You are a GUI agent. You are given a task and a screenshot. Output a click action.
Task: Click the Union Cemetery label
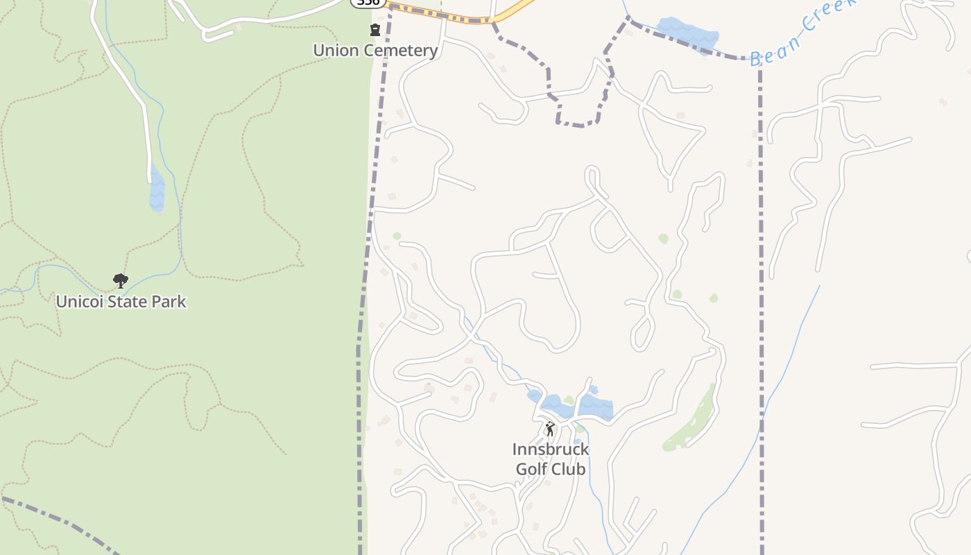[375, 50]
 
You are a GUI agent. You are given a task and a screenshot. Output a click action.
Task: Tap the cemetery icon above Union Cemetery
[375, 30]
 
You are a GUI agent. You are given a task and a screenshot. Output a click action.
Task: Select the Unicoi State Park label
[121, 302]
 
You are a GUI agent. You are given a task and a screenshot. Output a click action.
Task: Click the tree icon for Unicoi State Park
[121, 281]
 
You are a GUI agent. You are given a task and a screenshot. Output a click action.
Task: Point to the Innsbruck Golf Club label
[551, 459]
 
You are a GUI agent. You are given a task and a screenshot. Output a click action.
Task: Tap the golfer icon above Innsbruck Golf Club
[550, 429]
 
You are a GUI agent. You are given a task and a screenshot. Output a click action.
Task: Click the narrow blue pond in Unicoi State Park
[157, 189]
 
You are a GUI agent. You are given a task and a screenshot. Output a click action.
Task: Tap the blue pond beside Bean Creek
[687, 33]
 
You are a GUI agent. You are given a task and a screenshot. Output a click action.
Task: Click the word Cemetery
[403, 50]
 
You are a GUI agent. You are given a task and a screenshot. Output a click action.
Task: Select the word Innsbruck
[551, 449]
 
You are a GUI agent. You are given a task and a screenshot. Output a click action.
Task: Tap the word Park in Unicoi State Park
[171, 302]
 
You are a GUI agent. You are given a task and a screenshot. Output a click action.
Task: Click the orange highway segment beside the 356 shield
[444, 15]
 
